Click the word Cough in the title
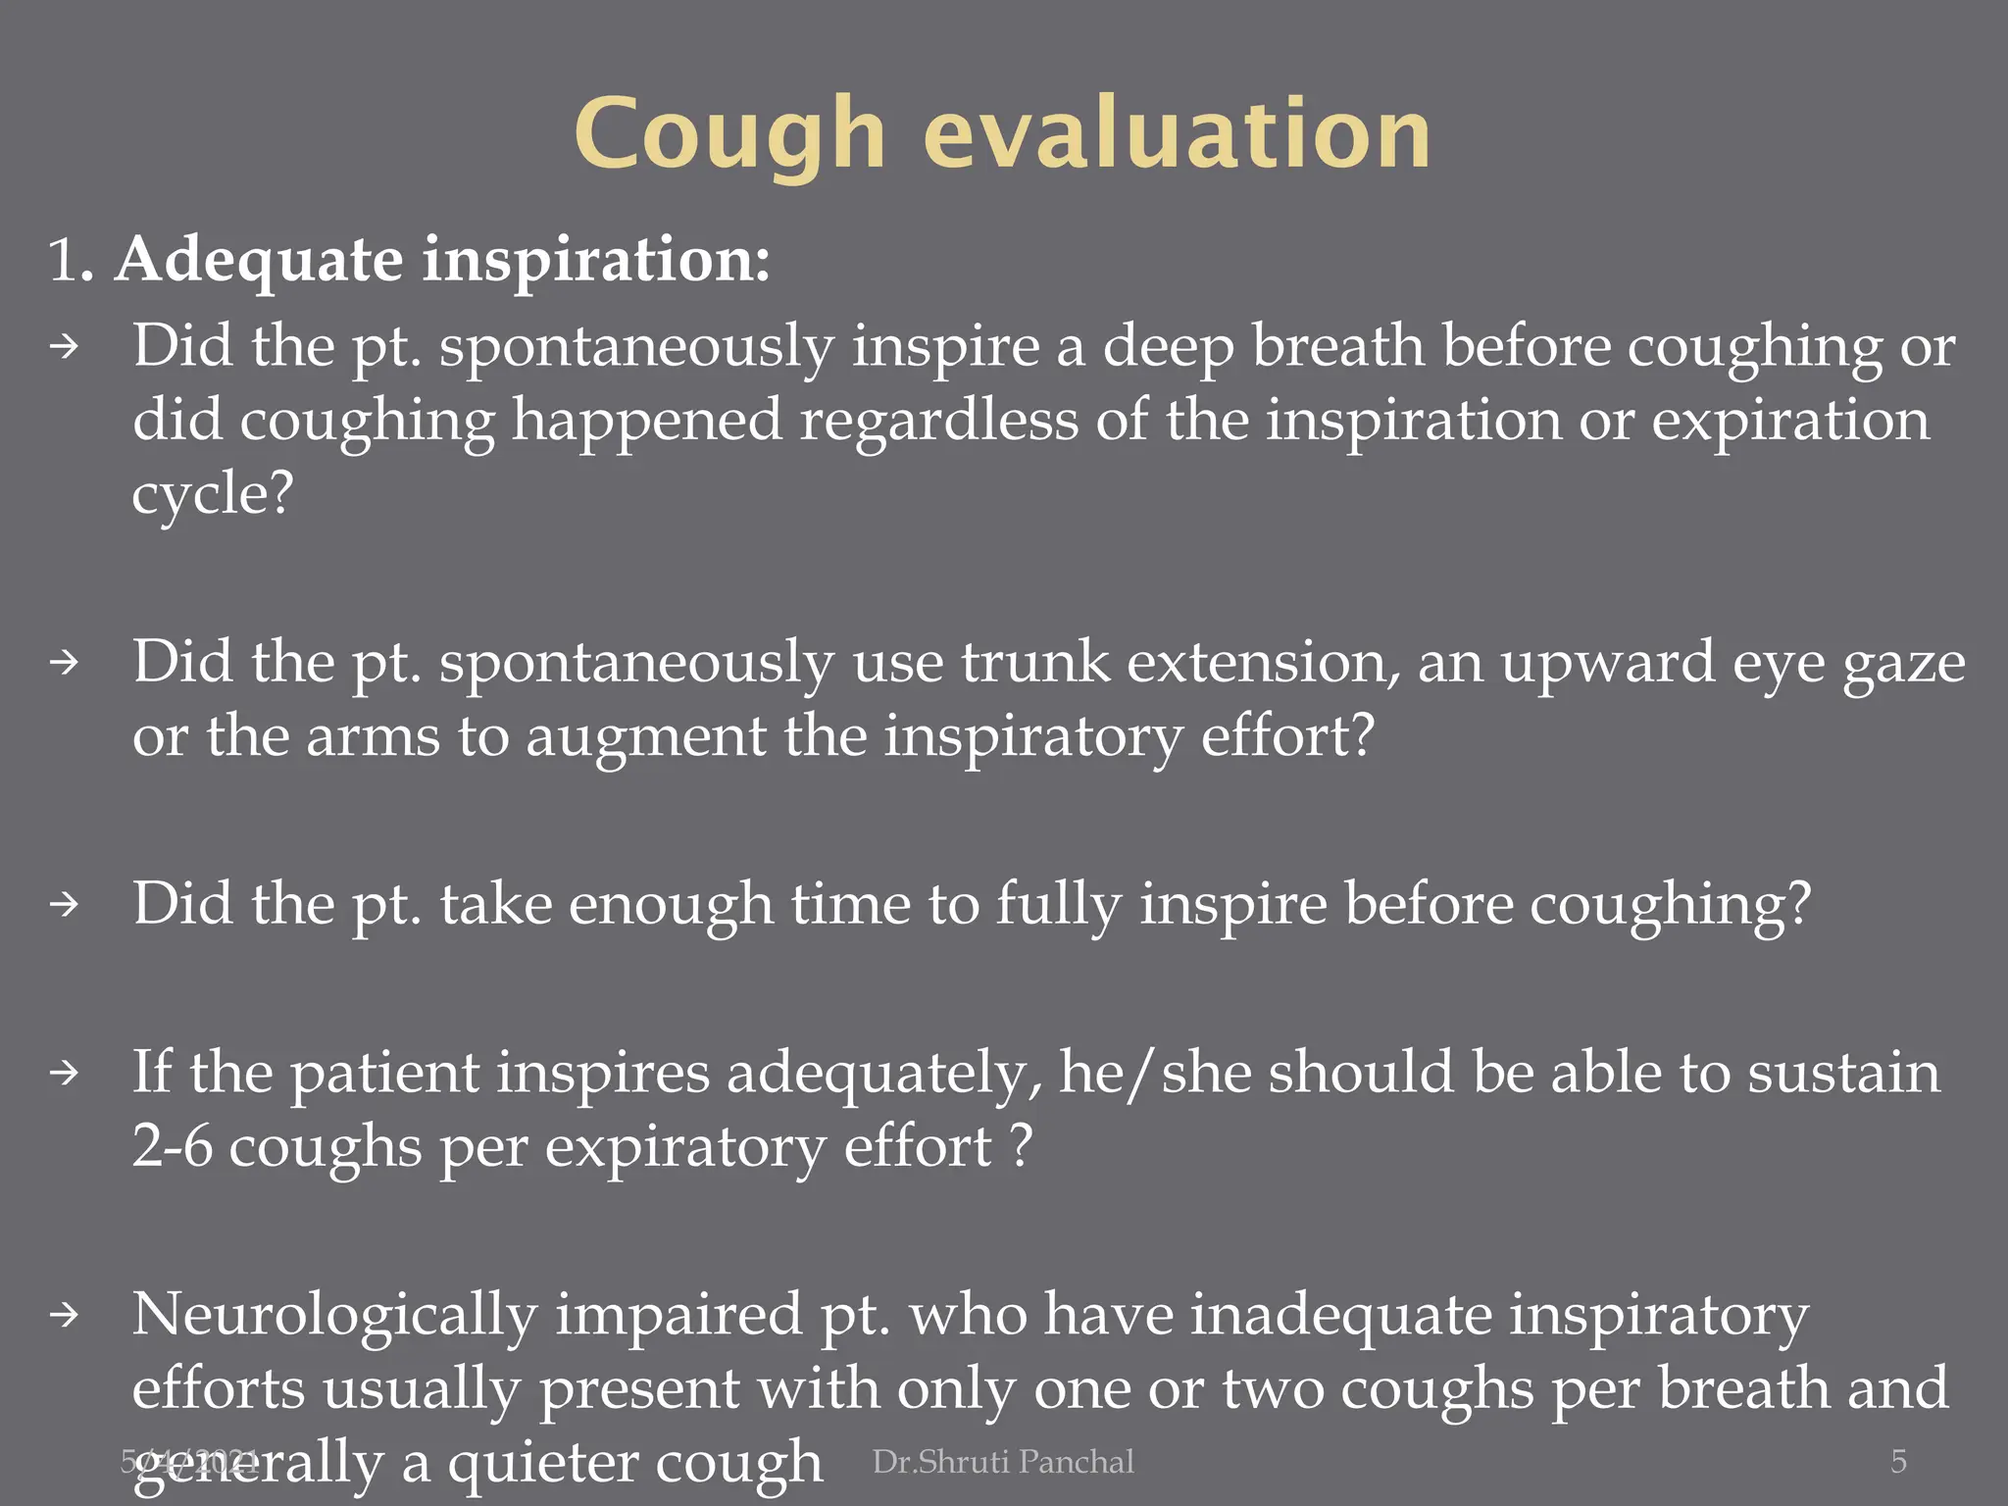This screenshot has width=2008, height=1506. [x=729, y=135]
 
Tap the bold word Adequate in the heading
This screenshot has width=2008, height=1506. [x=259, y=261]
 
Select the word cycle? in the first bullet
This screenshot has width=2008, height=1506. [x=213, y=493]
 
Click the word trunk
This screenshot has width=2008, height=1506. [x=1034, y=662]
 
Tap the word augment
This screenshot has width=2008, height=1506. [x=645, y=736]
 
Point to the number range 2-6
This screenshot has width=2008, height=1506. [x=172, y=1145]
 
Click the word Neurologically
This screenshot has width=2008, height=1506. [x=334, y=1316]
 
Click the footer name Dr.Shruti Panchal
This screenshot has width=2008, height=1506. [x=1003, y=1462]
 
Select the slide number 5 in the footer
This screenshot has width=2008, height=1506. [x=1898, y=1462]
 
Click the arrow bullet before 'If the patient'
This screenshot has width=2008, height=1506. [x=65, y=1074]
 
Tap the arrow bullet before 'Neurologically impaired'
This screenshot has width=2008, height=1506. [x=65, y=1315]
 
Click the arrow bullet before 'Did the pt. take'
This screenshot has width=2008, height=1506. [x=65, y=904]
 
